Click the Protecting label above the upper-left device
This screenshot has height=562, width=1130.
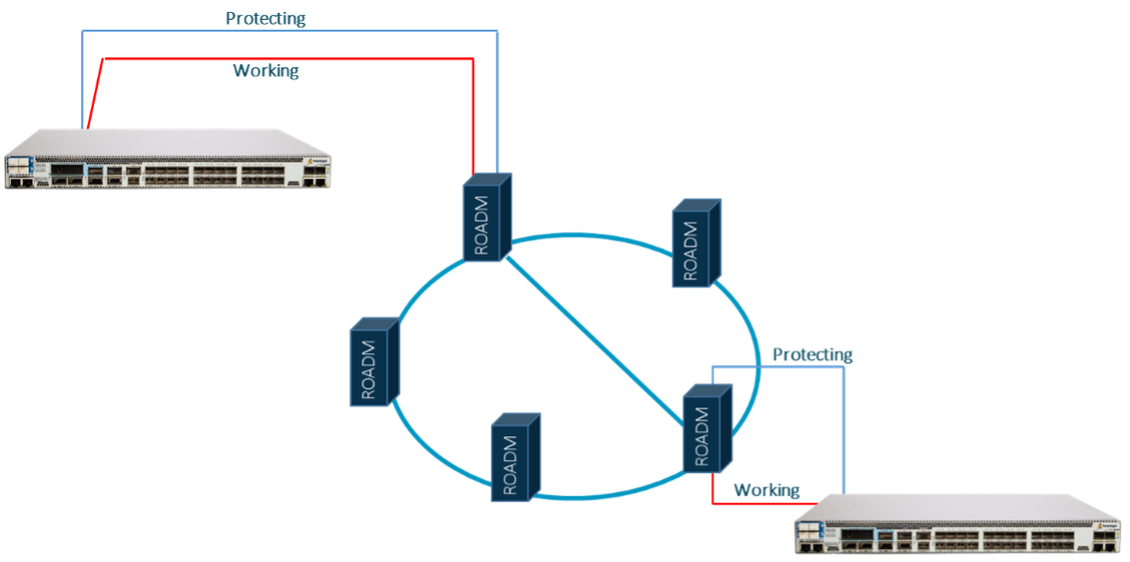click(x=265, y=18)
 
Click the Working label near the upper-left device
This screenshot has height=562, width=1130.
click(x=265, y=71)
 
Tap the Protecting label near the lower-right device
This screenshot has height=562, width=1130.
click(x=811, y=354)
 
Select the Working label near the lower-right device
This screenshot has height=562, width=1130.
click(x=766, y=491)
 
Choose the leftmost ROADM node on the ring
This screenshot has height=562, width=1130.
click(x=374, y=362)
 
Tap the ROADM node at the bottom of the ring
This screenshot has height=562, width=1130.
click(x=516, y=456)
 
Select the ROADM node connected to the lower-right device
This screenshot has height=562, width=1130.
click(x=707, y=429)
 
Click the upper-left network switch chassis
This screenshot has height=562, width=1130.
click(x=168, y=160)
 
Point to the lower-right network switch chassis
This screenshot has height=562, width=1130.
click(x=960, y=524)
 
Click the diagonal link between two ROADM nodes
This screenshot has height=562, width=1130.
click(x=594, y=336)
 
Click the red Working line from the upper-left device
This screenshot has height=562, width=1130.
click(x=297, y=59)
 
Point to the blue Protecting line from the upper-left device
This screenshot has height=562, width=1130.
click(x=297, y=31)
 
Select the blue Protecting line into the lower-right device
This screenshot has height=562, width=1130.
click(x=844, y=425)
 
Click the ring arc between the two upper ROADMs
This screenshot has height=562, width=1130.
click(x=594, y=235)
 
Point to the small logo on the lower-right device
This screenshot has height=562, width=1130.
click(x=1109, y=523)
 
